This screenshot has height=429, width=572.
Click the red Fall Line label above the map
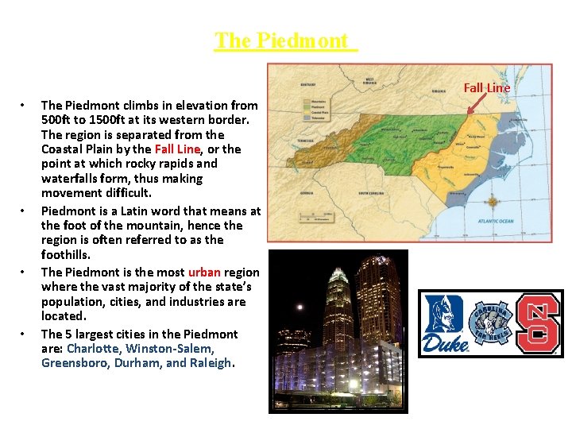(486, 87)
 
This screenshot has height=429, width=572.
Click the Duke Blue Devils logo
(445, 323)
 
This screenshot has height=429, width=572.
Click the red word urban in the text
(204, 272)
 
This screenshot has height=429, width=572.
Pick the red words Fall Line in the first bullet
(177, 149)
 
